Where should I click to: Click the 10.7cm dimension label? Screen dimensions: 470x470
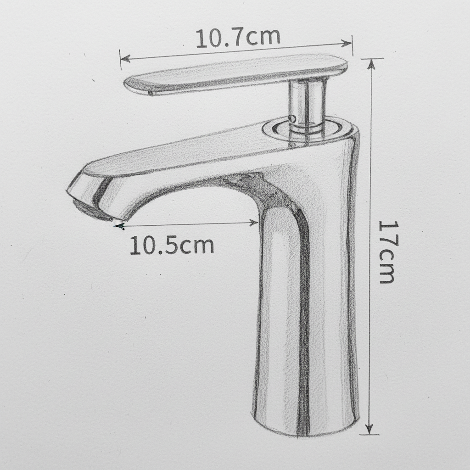(x=238, y=38)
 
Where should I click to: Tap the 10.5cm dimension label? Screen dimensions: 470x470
(x=172, y=246)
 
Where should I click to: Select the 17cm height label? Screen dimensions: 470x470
(x=386, y=252)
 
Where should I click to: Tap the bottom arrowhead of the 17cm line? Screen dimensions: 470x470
(x=369, y=430)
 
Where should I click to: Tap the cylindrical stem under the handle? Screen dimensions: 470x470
(x=307, y=103)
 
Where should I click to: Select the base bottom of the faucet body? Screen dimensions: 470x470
(x=305, y=425)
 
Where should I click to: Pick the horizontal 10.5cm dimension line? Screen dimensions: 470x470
(x=188, y=224)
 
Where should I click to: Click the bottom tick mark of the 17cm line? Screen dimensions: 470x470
(x=369, y=434)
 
